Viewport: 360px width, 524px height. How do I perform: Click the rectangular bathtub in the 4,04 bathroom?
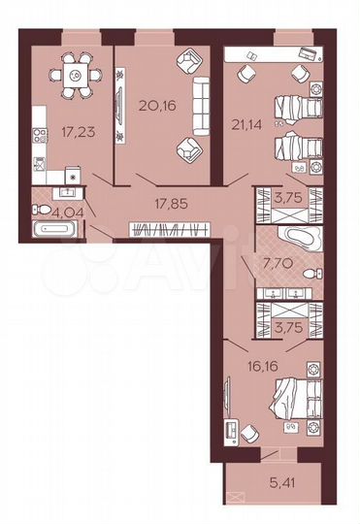pyautogui.click(x=57, y=231)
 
